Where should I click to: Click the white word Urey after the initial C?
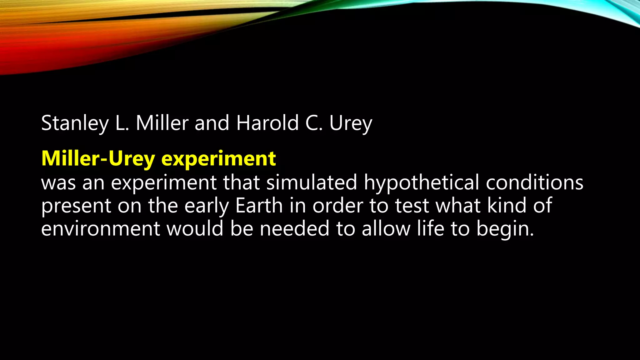[x=351, y=123]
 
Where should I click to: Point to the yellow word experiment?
[x=218, y=159]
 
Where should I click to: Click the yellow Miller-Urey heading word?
[x=98, y=159]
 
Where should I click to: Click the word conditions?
[x=534, y=182]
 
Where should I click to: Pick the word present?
[x=76, y=206]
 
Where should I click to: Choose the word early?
[x=207, y=206]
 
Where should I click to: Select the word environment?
[x=101, y=228]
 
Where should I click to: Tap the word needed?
[x=295, y=228]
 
